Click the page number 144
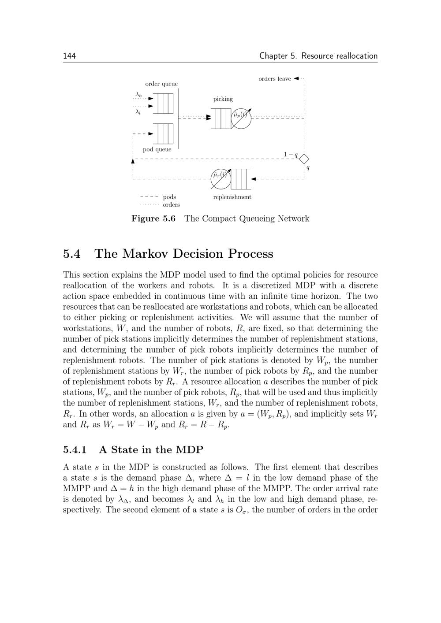tap(69, 56)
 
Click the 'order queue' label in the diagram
tap(161, 84)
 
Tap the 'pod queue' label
tap(157, 149)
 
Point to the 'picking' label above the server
tap(223, 99)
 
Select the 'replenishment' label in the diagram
tap(232, 197)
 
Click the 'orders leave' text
tap(274, 79)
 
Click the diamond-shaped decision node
tap(304, 159)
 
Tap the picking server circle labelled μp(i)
tap(241, 118)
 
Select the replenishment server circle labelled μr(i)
tap(220, 178)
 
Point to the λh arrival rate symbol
tap(138, 94)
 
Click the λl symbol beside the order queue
tap(138, 112)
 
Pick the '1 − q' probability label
tap(290, 154)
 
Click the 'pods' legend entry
tap(169, 197)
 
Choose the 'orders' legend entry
tap(171, 204)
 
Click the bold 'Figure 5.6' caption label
tap(153, 219)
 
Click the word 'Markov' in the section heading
tap(145, 254)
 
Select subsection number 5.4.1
tap(75, 450)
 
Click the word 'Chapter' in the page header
tap(273, 56)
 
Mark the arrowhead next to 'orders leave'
tap(296, 78)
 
